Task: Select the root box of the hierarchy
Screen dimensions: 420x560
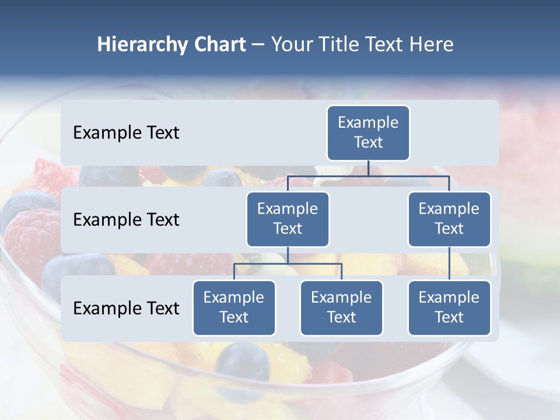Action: pos(368,132)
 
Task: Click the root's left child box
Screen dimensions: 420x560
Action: pos(288,219)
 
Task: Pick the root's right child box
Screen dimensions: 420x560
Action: pos(449,219)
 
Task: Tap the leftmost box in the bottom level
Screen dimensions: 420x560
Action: pos(234,307)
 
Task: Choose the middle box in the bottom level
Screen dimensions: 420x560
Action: pos(341,307)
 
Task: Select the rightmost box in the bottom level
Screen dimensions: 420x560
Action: pos(449,307)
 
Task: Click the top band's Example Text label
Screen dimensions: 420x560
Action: pos(126,132)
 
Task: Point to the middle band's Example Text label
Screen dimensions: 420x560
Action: pos(126,219)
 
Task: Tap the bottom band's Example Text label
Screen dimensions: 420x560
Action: pos(126,308)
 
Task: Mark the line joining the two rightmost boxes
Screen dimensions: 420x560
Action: pos(449,264)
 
